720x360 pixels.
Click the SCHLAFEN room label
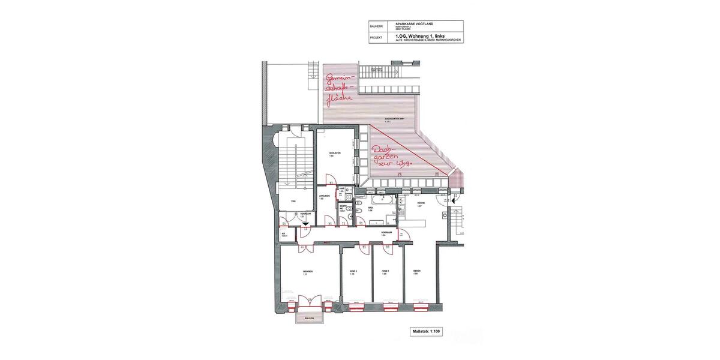[x=335, y=154]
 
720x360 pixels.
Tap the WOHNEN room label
[x=308, y=272]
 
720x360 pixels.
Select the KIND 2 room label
[x=353, y=272]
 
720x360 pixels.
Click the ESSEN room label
[x=416, y=271]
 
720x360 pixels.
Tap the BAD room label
[x=371, y=208]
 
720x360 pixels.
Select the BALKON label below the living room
[x=309, y=319]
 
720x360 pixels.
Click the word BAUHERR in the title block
[x=376, y=26]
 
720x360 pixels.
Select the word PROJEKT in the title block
[x=376, y=37]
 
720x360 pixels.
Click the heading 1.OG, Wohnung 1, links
[x=419, y=35]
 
